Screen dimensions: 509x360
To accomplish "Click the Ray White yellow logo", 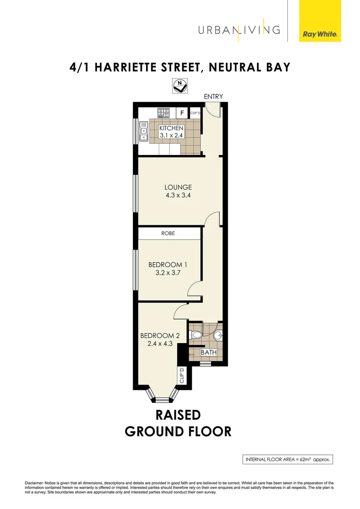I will tap(320, 21).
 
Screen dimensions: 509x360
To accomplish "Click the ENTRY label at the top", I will tap(213, 97).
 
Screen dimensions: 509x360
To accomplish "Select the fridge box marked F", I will tap(182, 113).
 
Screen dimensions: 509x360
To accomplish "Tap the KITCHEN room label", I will tap(171, 128).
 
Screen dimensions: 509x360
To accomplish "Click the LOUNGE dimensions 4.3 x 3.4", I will tap(178, 195).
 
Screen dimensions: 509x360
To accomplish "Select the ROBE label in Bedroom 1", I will tap(168, 233).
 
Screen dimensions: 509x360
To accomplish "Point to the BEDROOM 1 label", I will tap(168, 264).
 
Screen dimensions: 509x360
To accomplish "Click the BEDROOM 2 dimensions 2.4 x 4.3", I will tap(160, 345).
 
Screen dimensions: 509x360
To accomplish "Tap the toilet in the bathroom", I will tap(196, 336).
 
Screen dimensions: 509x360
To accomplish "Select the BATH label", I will tap(208, 352).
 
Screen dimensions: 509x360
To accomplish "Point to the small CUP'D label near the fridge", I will tap(196, 113).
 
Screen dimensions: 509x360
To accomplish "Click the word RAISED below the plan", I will tap(178, 415).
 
